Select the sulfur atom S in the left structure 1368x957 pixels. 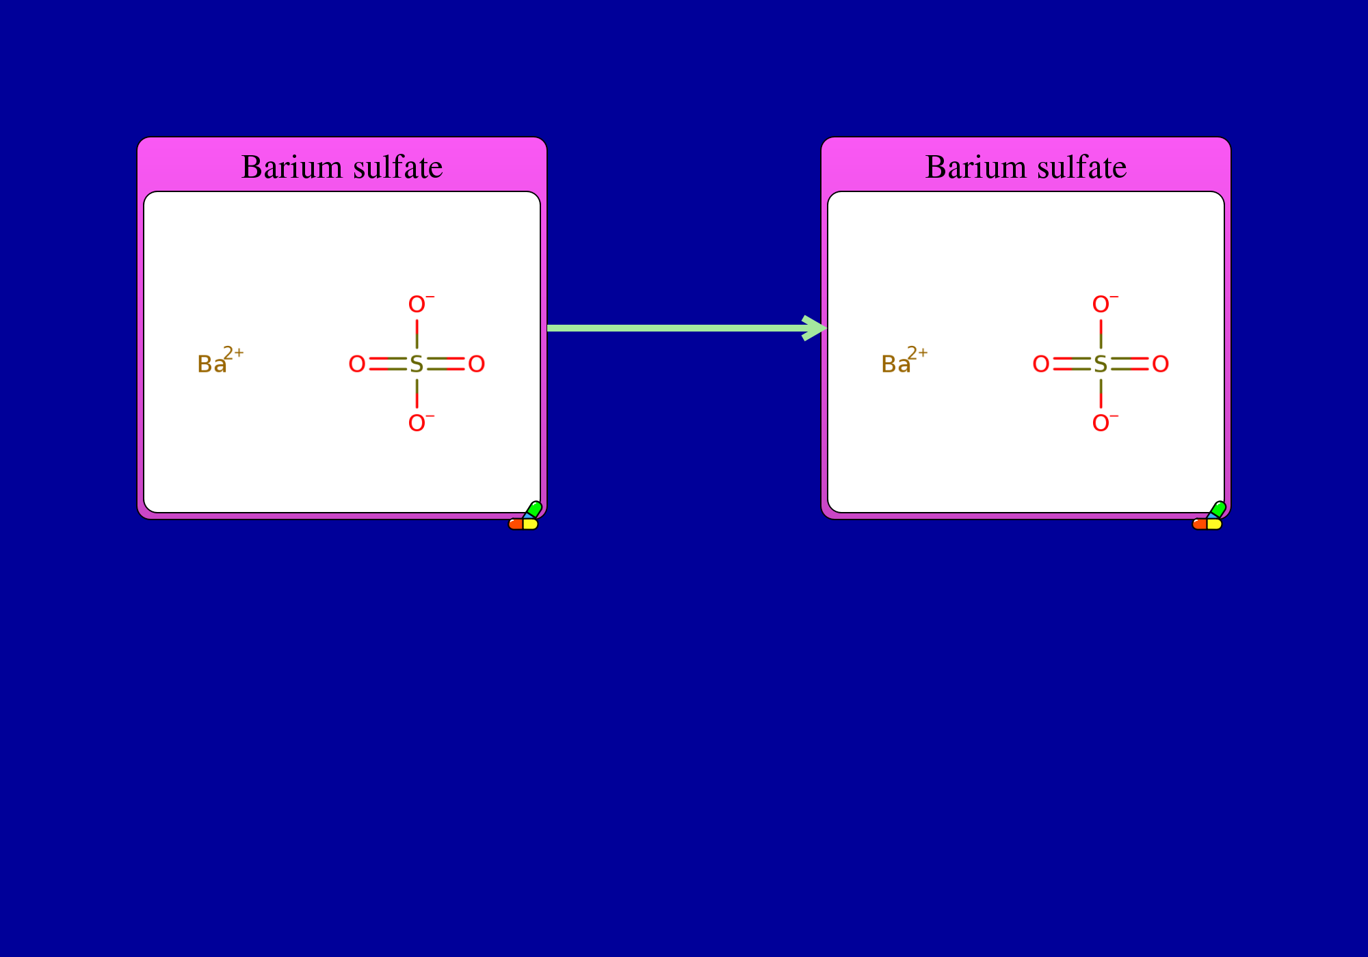click(x=417, y=364)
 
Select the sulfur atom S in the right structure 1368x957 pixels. click(x=1101, y=364)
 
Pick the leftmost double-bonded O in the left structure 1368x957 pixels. click(x=357, y=364)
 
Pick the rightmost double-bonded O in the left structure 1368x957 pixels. click(x=477, y=364)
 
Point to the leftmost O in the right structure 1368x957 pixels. click(x=1041, y=364)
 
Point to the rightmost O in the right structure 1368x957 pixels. click(x=1161, y=364)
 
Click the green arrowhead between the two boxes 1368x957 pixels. click(x=815, y=328)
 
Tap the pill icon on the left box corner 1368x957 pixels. click(x=525, y=517)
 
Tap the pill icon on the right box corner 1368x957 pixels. click(x=1209, y=517)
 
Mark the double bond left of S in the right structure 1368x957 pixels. click(x=1072, y=364)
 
